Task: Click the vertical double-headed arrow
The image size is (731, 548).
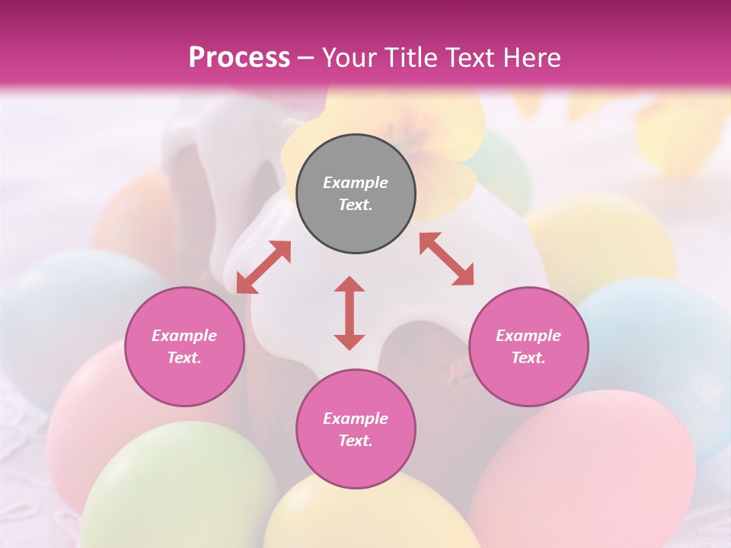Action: tap(350, 313)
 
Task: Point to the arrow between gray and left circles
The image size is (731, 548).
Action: tap(263, 267)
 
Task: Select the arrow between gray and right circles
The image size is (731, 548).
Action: tap(446, 259)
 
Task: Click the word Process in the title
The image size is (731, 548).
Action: tap(239, 57)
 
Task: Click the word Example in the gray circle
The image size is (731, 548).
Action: tap(356, 183)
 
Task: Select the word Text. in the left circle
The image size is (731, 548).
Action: tap(184, 358)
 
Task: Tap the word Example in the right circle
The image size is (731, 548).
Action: tap(528, 336)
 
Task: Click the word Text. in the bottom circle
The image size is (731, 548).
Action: tap(356, 441)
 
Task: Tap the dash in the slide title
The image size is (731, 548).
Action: tap(306, 58)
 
